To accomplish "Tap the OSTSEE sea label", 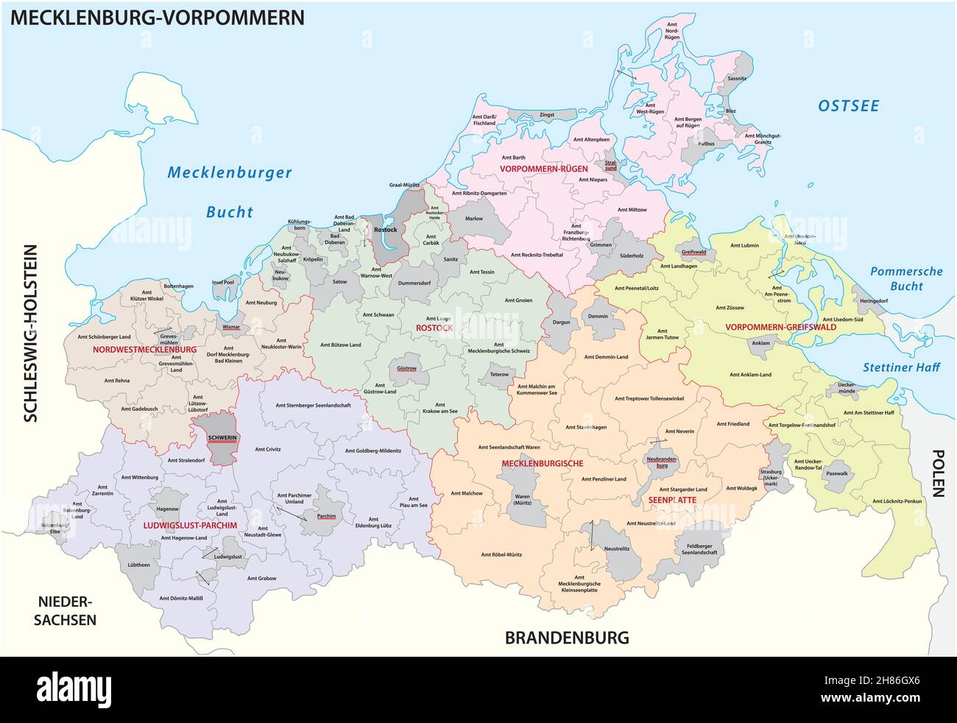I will [848, 106].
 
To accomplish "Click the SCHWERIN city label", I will [212, 437].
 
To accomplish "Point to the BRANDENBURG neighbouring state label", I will [566, 638].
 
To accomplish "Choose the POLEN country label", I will [938, 474].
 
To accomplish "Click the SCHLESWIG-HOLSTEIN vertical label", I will [30, 333].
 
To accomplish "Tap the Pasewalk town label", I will [837, 475].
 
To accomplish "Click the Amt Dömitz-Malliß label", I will [180, 598].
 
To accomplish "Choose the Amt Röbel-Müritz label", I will [501, 554].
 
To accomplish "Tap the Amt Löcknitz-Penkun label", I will [897, 501].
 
